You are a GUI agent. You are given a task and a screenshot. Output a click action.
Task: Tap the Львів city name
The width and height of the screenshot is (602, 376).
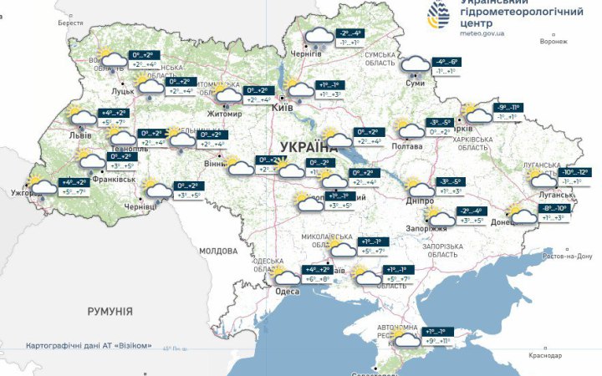coord(81,134)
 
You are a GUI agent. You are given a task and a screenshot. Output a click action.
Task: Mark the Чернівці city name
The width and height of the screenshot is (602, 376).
coord(140,206)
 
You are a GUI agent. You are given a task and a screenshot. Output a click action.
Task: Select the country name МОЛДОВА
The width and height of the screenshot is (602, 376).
coord(218,251)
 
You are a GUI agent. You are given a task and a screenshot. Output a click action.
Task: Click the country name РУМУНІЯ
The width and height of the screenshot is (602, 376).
coord(110,311)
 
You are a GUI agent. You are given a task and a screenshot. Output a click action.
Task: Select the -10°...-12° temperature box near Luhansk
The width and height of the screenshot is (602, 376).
coord(575,172)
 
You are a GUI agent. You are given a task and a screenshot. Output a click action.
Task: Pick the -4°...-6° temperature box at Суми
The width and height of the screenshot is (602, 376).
coord(446,62)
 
